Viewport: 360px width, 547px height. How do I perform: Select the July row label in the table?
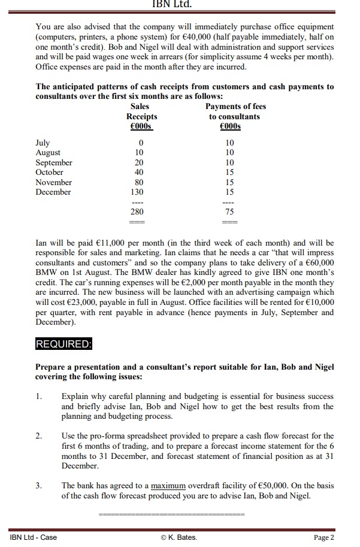tap(43, 143)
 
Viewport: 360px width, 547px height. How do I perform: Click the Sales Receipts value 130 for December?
tap(141, 192)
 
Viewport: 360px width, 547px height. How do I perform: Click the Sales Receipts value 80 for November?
tap(141, 182)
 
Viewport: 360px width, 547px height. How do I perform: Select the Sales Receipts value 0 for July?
tap(141, 143)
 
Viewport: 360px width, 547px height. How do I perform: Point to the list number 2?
tap(39, 436)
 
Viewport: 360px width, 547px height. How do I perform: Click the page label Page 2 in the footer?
tap(324, 537)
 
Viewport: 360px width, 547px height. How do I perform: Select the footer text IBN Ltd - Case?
tap(33, 537)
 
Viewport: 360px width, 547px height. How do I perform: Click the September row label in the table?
tap(54, 163)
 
